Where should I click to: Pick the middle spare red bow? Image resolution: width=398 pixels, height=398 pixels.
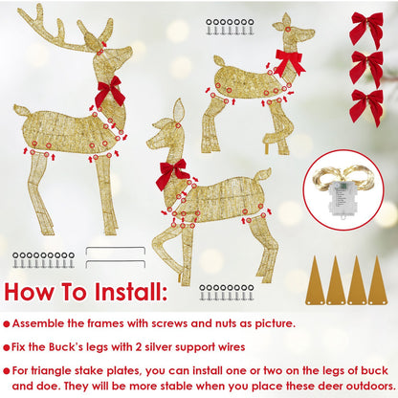point(366,66)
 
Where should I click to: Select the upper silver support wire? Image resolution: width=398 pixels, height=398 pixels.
point(115,251)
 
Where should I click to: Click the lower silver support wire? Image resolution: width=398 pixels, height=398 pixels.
point(115,265)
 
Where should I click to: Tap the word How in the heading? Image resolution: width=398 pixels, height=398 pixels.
point(32,291)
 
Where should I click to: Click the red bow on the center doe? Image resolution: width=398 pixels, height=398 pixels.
point(173,173)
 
